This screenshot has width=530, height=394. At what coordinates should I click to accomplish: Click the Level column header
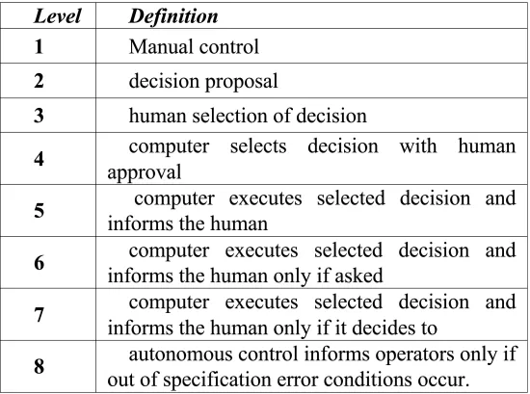58,16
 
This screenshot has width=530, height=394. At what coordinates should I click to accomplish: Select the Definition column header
173,16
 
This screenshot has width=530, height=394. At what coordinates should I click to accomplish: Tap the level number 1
39,46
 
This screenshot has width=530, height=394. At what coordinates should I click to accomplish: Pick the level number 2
39,81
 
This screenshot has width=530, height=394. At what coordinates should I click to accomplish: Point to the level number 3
39,116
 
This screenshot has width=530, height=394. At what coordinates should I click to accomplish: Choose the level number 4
39,159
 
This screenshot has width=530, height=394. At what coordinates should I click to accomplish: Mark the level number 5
39,211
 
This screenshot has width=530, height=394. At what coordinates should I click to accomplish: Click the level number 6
39,263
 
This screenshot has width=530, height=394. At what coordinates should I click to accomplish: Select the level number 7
39,315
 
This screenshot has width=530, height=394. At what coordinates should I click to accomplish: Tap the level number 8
39,366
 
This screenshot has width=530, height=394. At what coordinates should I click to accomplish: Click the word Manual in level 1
161,46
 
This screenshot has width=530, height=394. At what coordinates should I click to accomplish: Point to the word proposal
241,82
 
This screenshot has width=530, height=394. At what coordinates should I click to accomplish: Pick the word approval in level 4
145,172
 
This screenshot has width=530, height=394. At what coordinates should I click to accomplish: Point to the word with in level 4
418,146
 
